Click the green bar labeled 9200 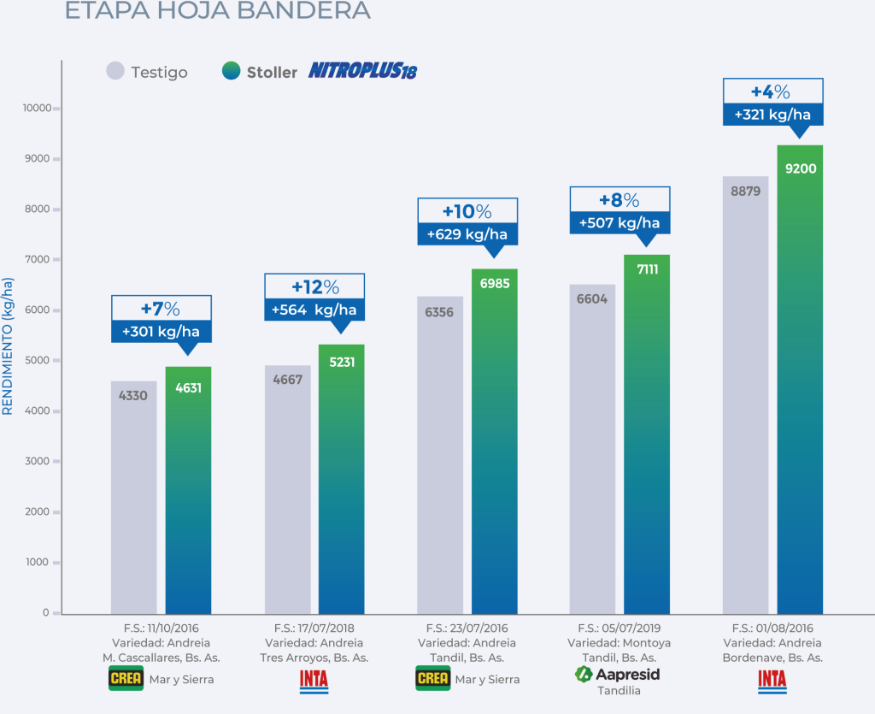pos(801,385)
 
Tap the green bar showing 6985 pos(495,445)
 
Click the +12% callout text pos(314,286)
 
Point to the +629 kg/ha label pos(467,234)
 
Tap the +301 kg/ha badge pos(161,332)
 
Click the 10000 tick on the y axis pos(38,109)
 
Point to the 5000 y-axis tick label pos(39,361)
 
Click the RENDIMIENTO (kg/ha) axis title pos(8,346)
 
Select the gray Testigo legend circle pos(115,72)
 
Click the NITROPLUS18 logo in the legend pos(362,71)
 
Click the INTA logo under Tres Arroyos pos(314,680)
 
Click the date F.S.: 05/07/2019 pos(620,628)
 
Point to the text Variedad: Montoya pos(620,643)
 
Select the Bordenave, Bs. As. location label pos(772,658)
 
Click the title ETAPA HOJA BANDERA pos(218,10)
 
